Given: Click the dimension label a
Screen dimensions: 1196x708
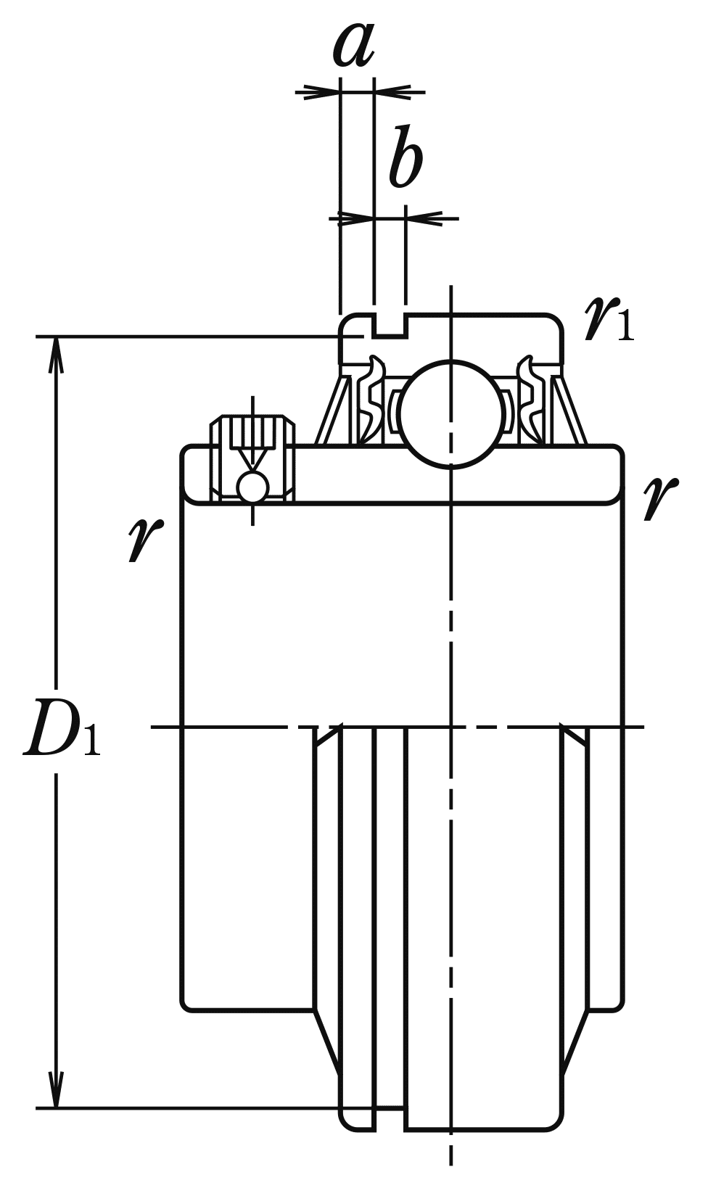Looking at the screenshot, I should coord(354,45).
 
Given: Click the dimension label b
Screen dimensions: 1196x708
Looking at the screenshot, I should coord(405,157).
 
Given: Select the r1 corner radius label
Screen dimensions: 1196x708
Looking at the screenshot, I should coord(608,320).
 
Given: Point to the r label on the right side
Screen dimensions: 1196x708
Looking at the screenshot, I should coord(659,498).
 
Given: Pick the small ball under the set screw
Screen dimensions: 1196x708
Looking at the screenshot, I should coord(253,487).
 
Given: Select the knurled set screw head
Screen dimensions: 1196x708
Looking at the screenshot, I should coord(252,432).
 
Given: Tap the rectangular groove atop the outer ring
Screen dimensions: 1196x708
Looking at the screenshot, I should coord(390,327).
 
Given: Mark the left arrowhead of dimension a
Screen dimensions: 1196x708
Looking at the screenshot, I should coord(323,92).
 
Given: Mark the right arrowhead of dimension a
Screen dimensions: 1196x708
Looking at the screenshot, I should coord(392,92).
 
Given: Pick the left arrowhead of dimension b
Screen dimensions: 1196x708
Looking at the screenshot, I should coord(356,217).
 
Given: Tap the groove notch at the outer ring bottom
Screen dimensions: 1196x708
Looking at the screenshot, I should coord(390,1118).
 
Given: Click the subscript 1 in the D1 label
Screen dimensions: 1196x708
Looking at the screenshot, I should coord(91,740).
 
